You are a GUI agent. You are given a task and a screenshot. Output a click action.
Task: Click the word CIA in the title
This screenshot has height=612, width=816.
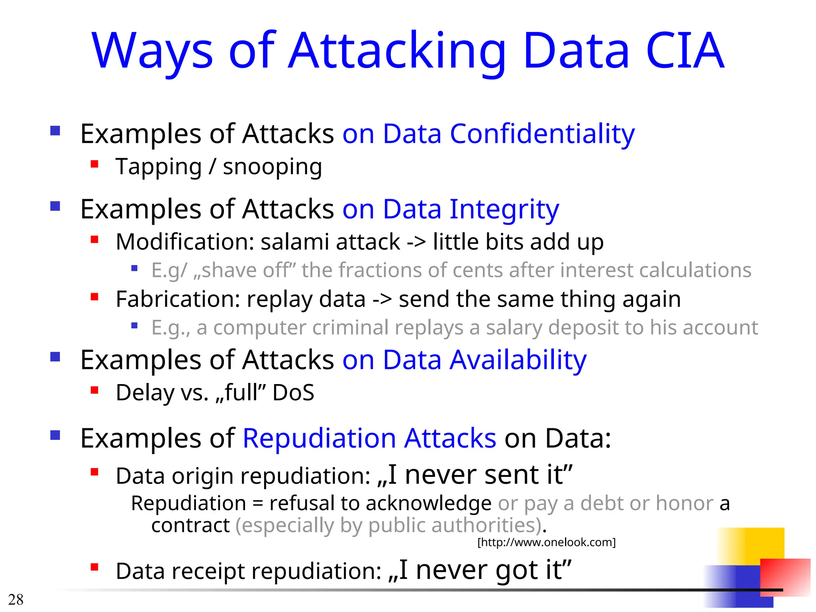pyautogui.click(x=684, y=51)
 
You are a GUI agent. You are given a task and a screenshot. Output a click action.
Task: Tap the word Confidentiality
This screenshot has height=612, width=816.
pyautogui.click(x=542, y=134)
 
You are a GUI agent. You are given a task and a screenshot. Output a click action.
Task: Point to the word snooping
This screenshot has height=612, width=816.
pyautogui.click(x=272, y=167)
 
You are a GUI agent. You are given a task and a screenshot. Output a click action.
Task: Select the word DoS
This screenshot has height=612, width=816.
pyautogui.click(x=293, y=393)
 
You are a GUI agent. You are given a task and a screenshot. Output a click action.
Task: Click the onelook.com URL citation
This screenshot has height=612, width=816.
pyautogui.click(x=546, y=542)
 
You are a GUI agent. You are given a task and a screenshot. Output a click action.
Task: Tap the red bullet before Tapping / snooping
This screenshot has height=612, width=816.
pyautogui.click(x=94, y=164)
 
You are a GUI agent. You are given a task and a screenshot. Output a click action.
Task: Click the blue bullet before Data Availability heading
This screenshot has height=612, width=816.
pyautogui.click(x=55, y=356)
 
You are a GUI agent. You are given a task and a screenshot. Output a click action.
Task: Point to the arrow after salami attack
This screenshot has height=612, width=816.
pyautogui.click(x=416, y=242)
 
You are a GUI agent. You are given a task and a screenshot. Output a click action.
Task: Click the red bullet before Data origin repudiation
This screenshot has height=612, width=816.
pyautogui.click(x=94, y=472)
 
